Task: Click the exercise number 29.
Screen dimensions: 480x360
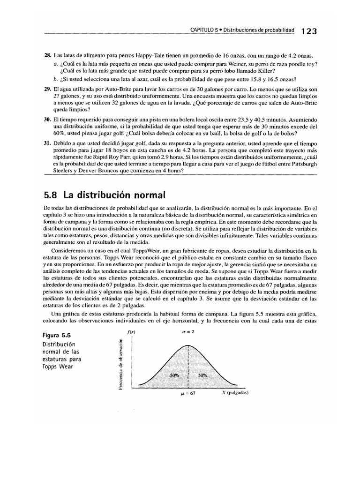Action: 46,89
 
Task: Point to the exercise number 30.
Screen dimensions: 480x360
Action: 46,120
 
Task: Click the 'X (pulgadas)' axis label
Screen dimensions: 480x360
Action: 235,393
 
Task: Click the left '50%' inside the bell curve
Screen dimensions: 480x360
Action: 174,375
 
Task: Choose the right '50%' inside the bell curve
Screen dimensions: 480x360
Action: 202,375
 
